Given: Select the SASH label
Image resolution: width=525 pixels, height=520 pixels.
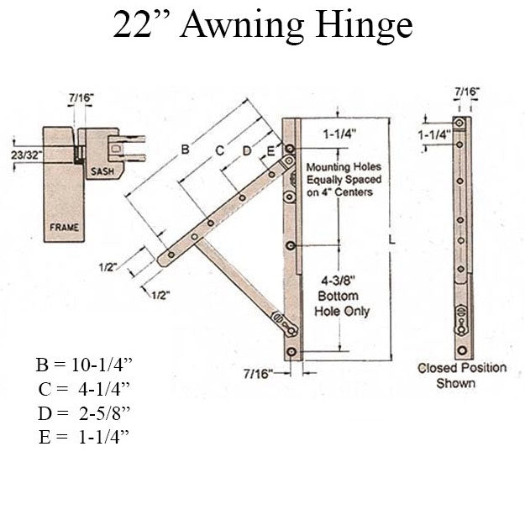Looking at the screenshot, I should coord(102,171).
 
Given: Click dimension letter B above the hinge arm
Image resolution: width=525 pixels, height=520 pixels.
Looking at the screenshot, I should coord(184,150).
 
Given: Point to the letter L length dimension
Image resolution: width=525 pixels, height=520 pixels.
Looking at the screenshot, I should coord(392,240).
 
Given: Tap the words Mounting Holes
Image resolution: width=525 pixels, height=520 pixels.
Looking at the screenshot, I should coord(339,167).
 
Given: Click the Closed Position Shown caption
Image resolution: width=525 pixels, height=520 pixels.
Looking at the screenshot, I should coord(462,376).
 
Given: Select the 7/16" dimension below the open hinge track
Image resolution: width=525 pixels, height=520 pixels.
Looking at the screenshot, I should coord(260,372).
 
